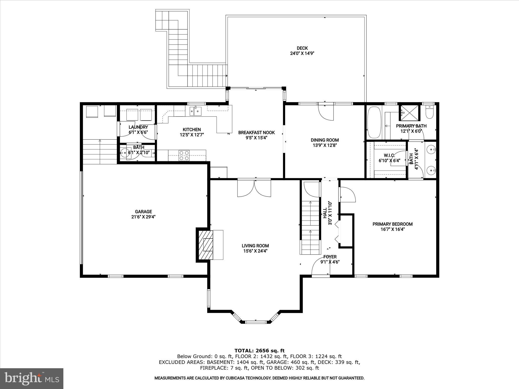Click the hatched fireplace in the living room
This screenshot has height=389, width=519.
tap(205, 245)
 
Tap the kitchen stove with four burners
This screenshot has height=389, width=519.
tap(184, 155)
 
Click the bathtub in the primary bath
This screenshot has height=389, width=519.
tap(374, 122)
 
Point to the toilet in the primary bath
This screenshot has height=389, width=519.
tap(430, 112)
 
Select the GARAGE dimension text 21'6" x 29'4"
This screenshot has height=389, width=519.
tap(143, 217)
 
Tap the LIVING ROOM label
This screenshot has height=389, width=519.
tap(255, 246)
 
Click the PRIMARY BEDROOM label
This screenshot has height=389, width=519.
tap(392, 224)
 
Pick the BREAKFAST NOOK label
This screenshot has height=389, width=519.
tap(256, 132)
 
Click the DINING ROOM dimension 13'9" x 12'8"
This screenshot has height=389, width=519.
tap(325, 145)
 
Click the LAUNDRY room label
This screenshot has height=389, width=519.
tap(138, 127)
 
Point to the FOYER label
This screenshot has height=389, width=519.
tap(330, 257)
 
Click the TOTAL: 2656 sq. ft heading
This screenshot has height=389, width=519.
tap(259, 351)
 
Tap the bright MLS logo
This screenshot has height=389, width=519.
tap(32, 378)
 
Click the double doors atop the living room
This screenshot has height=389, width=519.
tap(254, 188)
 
